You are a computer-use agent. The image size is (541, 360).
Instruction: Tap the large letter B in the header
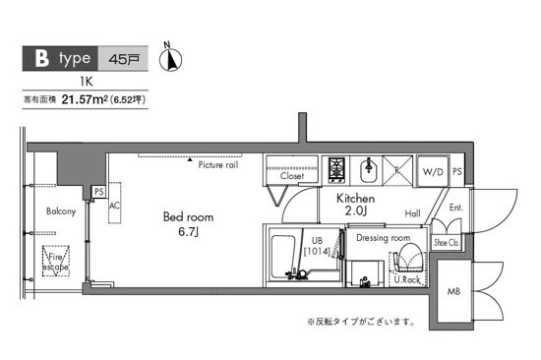[42, 58]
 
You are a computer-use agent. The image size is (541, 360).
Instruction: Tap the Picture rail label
[217, 165]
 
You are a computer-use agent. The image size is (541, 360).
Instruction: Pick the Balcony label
[61, 210]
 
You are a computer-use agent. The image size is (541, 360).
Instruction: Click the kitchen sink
[370, 173]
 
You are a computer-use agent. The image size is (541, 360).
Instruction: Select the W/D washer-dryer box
[433, 173]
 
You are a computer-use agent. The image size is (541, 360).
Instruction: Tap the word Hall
[412, 213]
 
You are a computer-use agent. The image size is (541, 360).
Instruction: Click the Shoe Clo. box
[448, 242]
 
